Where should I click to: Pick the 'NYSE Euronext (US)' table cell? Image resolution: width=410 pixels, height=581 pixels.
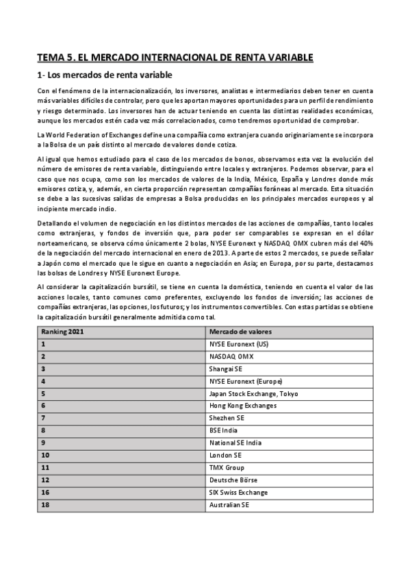click(239, 345)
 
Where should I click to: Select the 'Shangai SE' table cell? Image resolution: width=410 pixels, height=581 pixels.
click(227, 369)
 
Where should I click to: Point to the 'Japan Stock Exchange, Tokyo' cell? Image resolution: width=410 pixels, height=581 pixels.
click(253, 394)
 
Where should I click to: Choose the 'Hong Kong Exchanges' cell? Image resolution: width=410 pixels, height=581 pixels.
click(243, 406)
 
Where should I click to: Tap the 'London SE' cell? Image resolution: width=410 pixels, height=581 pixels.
click(226, 456)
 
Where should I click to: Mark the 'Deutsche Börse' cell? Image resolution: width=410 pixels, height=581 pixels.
click(233, 480)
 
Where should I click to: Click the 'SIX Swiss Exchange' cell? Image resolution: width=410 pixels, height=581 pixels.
click(238, 493)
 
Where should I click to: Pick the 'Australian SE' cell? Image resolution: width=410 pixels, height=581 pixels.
click(230, 505)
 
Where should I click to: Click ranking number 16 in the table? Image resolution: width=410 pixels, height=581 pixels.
click(45, 493)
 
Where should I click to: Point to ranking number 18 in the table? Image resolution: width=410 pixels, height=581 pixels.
click(45, 505)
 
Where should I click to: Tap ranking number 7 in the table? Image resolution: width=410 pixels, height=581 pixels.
click(43, 419)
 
